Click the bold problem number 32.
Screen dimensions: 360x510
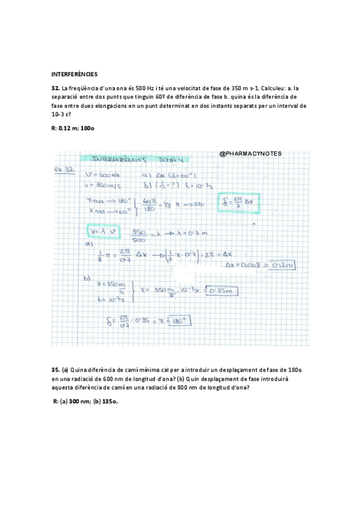tap(56, 88)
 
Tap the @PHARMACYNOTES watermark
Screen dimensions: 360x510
tap(251, 154)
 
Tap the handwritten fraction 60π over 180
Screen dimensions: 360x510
tap(150, 206)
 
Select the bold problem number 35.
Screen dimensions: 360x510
tap(56, 369)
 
